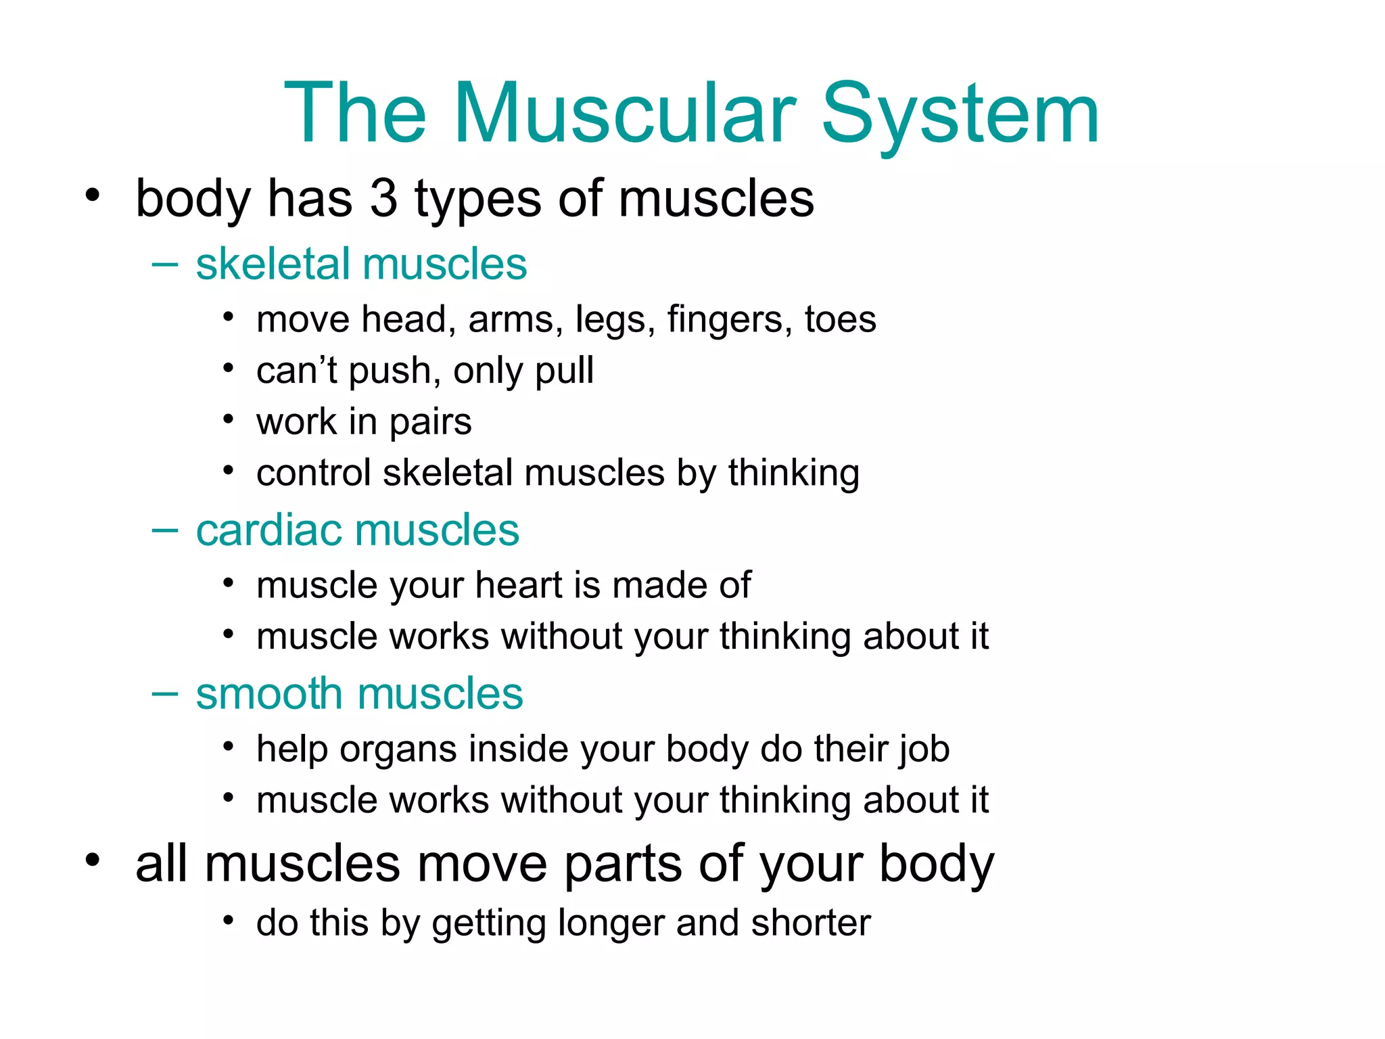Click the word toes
840,319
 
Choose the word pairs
430,423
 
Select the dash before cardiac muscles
165,530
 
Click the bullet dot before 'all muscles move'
93,860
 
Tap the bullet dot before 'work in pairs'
229,420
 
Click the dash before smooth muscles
165,694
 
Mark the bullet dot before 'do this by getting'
229,921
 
